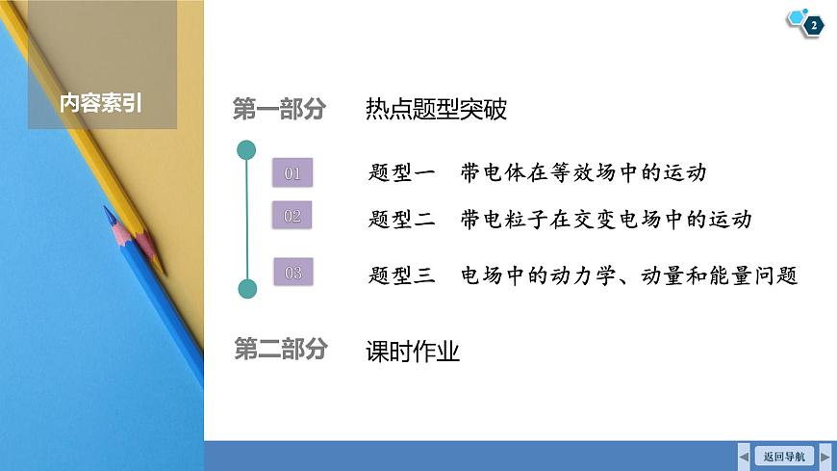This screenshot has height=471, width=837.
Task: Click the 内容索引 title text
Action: tap(101, 102)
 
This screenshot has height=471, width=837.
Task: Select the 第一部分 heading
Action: tap(279, 109)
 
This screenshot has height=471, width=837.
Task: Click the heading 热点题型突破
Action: tap(436, 109)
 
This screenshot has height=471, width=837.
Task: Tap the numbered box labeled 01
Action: tap(293, 173)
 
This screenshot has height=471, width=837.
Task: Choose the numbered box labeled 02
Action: tap(293, 216)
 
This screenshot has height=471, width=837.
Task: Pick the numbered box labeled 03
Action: tap(293, 273)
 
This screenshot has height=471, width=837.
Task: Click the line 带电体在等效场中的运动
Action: tap(584, 173)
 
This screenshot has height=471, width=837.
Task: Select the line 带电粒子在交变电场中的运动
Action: tap(606, 220)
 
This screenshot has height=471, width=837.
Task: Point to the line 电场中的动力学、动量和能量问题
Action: tap(630, 275)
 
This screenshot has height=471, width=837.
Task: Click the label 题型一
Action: tap(403, 173)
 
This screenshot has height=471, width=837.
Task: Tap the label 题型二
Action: tap(403, 220)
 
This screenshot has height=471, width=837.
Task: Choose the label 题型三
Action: tap(403, 275)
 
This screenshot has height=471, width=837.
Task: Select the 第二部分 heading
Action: tap(280, 350)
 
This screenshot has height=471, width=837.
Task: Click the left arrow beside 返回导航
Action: tap(744, 456)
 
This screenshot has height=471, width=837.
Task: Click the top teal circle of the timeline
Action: tap(246, 149)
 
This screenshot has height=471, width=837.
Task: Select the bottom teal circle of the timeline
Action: tap(246, 287)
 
